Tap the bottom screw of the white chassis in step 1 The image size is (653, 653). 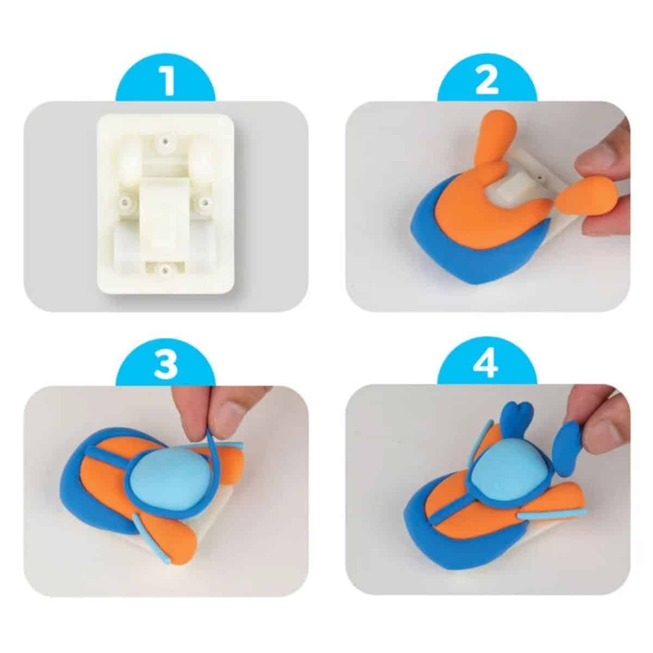(165, 271)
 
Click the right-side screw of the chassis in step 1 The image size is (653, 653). (205, 202)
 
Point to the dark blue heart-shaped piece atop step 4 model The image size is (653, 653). (517, 420)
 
